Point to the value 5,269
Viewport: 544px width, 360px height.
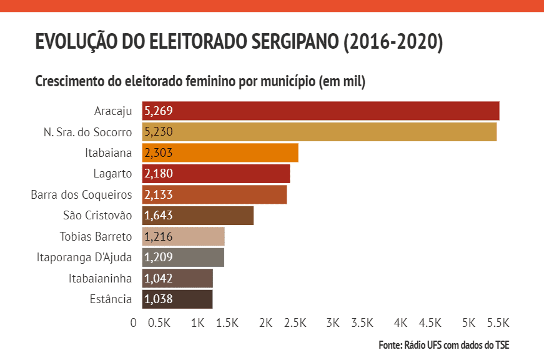coord(158,111)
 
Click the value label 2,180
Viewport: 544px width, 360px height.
coord(158,174)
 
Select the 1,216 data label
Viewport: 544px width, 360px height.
coord(158,237)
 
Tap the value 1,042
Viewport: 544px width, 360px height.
coord(158,279)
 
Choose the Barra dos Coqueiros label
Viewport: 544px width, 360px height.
coord(81,195)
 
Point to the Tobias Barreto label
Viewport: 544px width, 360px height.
coord(96,237)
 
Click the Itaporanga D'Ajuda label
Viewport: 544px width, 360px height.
coord(84,257)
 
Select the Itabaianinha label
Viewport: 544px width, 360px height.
coord(100,279)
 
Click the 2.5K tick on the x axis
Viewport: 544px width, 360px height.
coord(295,323)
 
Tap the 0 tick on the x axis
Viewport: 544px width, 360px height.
coord(134,323)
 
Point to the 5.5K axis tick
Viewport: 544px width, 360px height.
coord(498,323)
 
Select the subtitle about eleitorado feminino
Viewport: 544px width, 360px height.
coord(200,82)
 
